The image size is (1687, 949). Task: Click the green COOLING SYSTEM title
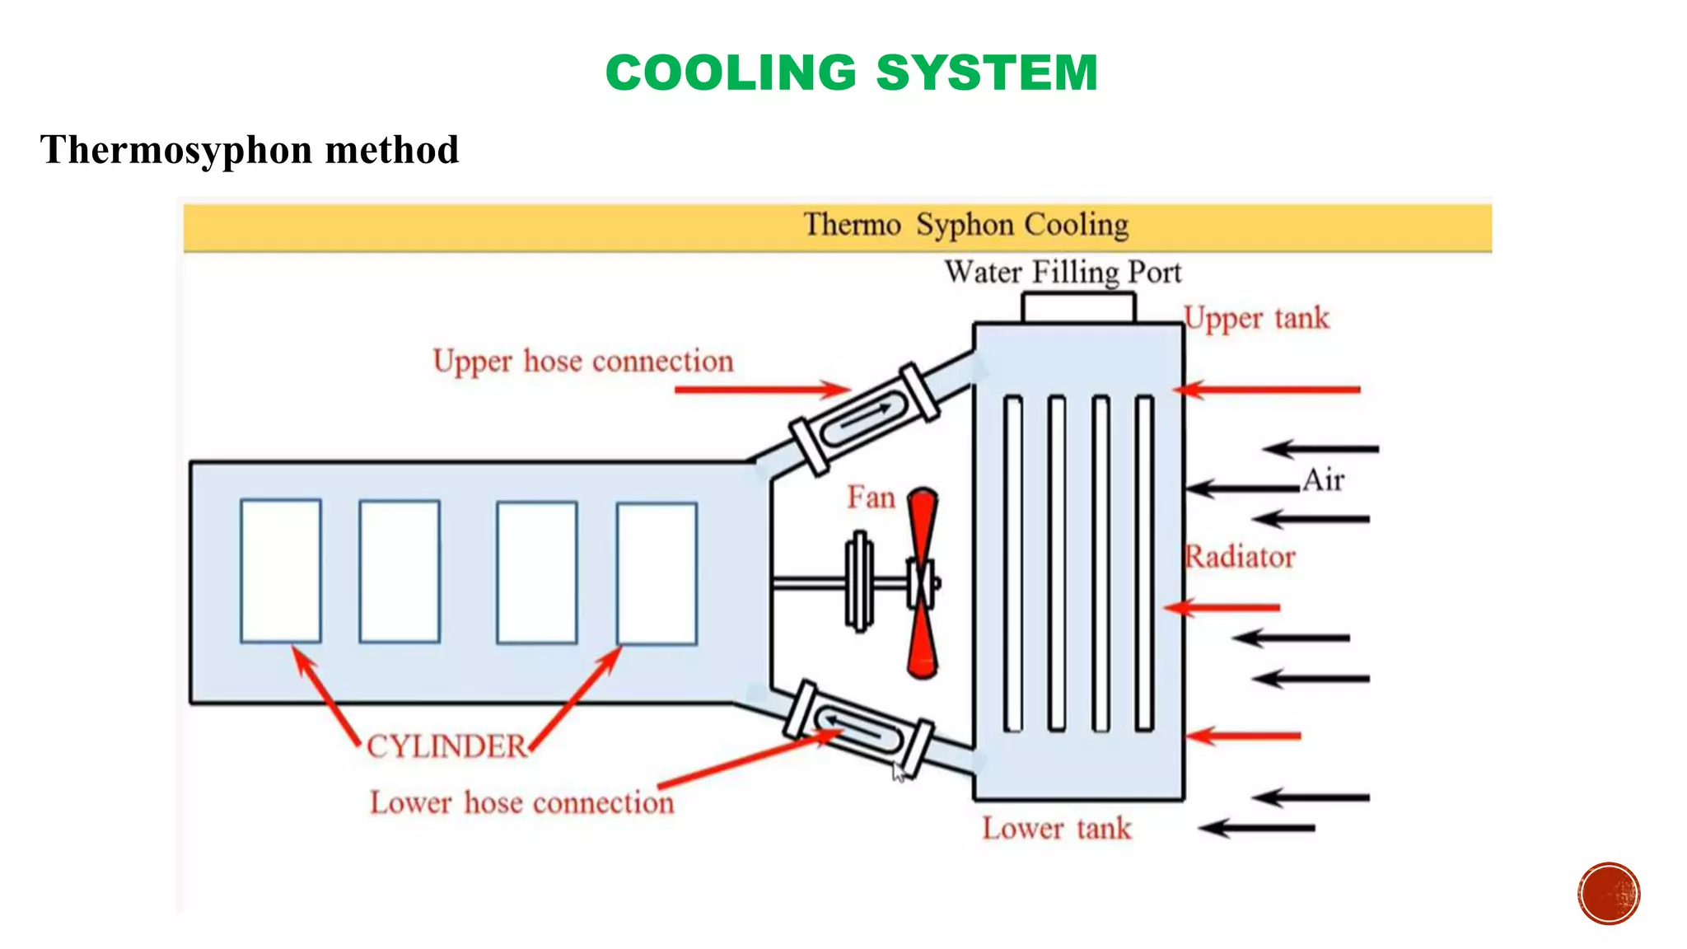852,72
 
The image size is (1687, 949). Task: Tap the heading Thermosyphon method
250,150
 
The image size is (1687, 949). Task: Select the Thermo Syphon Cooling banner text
965,224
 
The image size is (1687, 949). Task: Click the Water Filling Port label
1063,272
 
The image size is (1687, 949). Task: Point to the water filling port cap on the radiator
1078,308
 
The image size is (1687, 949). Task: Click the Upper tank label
1257,318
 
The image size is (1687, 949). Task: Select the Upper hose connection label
583,361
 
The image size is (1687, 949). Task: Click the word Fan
871,498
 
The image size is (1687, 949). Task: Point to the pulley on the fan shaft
860,582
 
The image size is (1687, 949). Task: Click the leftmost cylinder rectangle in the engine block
281,570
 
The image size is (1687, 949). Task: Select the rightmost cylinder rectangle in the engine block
657,573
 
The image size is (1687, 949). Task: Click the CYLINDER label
446,746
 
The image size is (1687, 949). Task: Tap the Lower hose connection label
521,802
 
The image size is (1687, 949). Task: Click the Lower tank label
1057,828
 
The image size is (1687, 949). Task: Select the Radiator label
1240,557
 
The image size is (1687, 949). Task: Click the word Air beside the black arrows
1324,479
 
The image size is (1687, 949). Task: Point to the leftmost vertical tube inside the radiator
1013,563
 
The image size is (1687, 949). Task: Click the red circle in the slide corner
1609,893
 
